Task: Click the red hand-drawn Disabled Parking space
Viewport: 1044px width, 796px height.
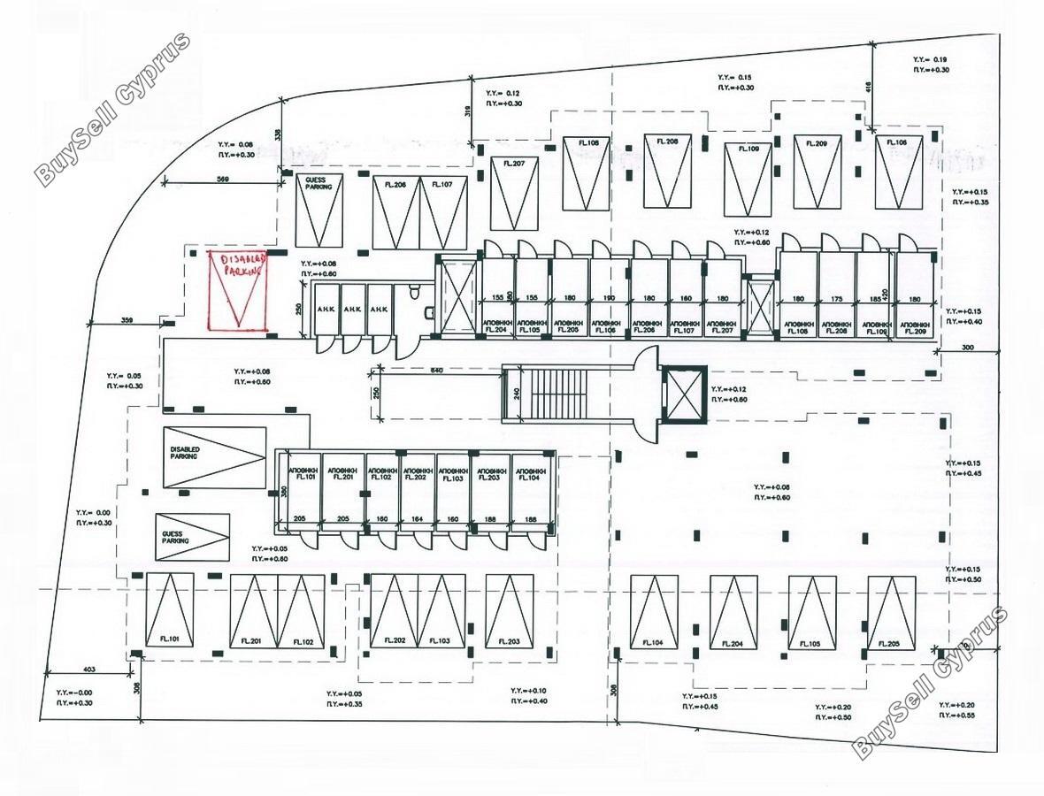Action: (x=237, y=291)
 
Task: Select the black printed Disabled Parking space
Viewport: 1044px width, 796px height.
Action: (x=214, y=457)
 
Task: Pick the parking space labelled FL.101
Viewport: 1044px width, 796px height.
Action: (x=169, y=612)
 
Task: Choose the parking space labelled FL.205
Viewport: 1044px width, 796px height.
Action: (x=891, y=612)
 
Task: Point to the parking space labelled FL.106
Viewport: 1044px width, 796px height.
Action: (x=899, y=172)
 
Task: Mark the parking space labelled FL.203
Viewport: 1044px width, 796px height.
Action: (x=509, y=612)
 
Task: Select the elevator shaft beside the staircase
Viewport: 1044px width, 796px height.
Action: (x=684, y=394)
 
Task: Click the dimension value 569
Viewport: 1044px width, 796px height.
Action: (x=224, y=180)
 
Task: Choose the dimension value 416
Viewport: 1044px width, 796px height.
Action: (x=868, y=88)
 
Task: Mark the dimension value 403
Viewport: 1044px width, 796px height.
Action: (x=88, y=670)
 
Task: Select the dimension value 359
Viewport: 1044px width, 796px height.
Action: (x=127, y=319)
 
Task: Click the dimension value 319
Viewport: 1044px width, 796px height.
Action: (x=466, y=111)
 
